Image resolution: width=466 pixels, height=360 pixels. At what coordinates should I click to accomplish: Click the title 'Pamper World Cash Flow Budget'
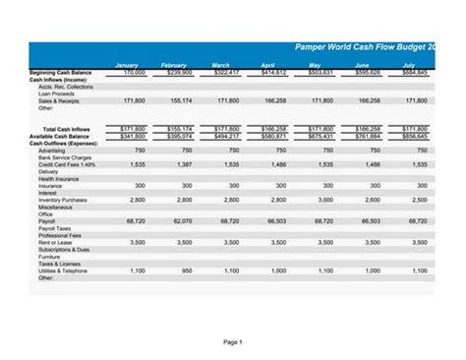[x=379, y=47]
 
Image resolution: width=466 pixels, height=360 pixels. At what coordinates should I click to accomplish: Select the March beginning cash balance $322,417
[x=225, y=72]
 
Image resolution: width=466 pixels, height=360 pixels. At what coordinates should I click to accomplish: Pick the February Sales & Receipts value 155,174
[x=181, y=100]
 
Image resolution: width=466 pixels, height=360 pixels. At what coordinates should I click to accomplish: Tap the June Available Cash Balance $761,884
[x=367, y=136]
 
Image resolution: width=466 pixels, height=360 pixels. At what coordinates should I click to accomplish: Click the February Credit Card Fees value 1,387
[x=183, y=164]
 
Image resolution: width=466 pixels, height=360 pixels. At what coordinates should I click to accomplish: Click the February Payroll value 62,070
[x=181, y=221]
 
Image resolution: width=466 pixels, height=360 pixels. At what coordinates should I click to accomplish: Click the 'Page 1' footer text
[x=233, y=341]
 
